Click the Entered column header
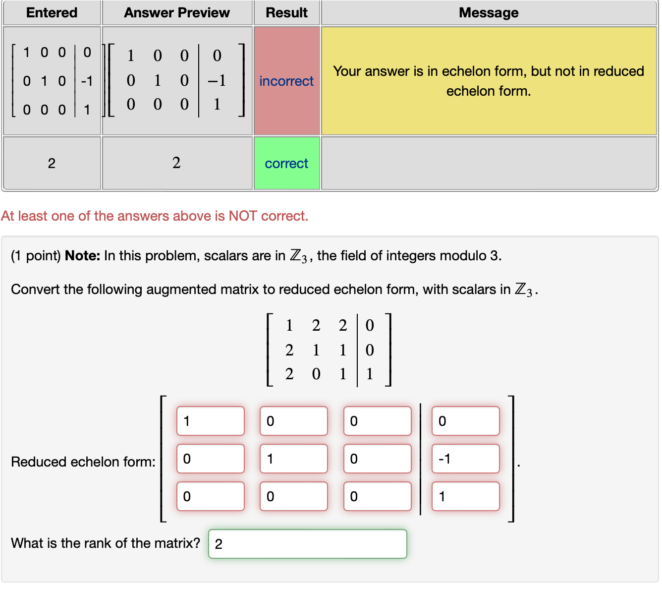point(52,13)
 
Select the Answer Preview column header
point(177,13)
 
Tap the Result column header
point(286,13)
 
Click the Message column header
point(489,13)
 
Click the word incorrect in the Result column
point(286,81)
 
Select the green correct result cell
point(286,163)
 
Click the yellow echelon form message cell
point(489,81)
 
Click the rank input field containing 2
point(307,544)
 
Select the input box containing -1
point(465,459)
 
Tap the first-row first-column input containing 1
point(210,421)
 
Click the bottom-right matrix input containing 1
point(465,496)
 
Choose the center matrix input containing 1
point(293,459)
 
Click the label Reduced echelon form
point(83,462)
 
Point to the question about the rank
point(106,543)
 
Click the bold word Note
point(82,256)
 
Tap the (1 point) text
point(36,256)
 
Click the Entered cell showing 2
point(52,163)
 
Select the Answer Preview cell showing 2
point(177,163)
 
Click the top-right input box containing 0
point(465,421)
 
